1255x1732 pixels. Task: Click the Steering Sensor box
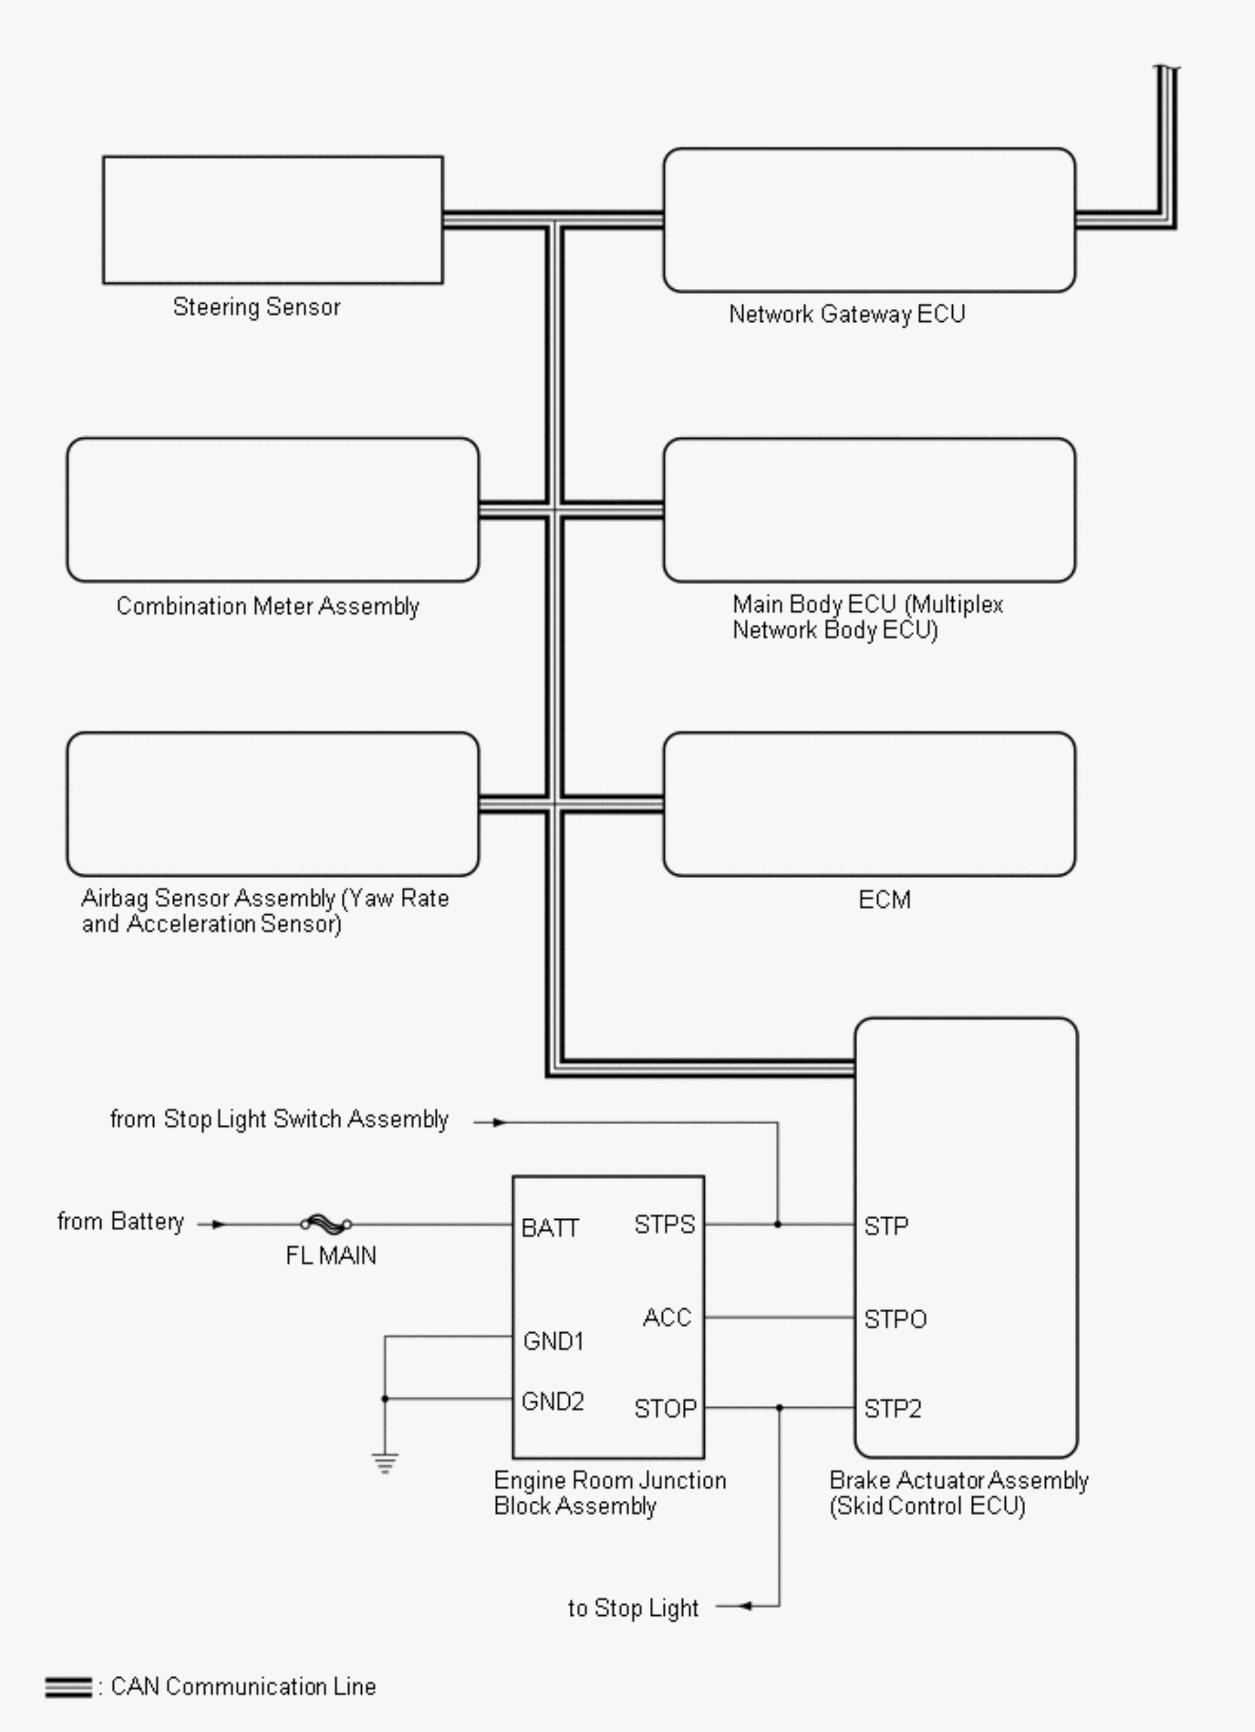[273, 220]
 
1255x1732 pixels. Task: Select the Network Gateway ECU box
[868, 220]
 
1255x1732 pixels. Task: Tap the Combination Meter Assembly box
[273, 509]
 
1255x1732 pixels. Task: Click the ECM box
[868, 804]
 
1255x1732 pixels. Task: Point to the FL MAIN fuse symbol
[326, 1224]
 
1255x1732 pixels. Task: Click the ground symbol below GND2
[385, 1463]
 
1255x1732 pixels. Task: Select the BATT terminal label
[550, 1228]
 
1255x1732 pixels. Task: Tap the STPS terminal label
[664, 1225]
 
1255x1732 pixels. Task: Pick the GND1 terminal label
[553, 1341]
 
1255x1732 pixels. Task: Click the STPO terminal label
[894, 1319]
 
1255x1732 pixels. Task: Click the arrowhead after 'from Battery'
[219, 1224]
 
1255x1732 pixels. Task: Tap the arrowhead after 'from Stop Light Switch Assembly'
[498, 1122]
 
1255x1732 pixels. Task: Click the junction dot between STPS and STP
[778, 1224]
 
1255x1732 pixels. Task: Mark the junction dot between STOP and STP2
[780, 1407]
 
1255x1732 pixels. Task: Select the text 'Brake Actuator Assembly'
[959, 1480]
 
